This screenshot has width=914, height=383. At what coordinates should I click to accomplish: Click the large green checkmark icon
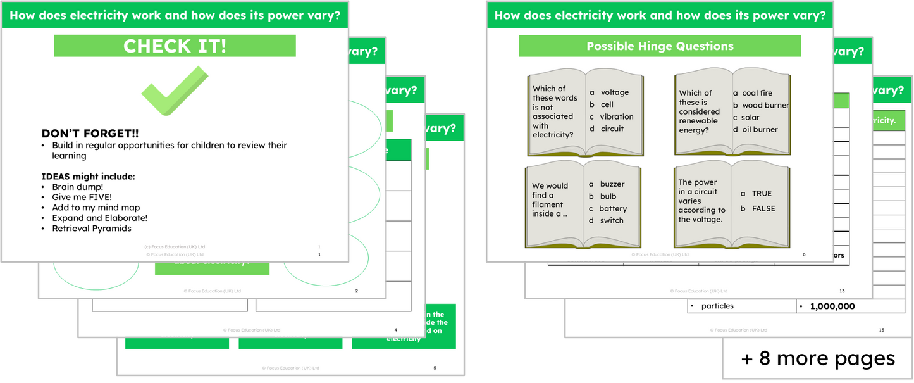click(x=174, y=92)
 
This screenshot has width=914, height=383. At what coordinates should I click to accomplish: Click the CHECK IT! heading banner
click(x=175, y=46)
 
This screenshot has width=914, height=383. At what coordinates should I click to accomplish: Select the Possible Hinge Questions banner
click(x=660, y=46)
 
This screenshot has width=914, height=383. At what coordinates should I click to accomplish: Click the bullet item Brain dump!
click(x=77, y=187)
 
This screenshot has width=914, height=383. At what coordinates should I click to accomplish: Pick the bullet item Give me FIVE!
click(x=82, y=198)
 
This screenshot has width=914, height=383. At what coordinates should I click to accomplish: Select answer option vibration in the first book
click(x=617, y=116)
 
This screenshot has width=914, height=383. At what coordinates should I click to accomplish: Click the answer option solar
click(x=751, y=117)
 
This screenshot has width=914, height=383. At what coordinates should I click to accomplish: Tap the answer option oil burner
click(x=760, y=129)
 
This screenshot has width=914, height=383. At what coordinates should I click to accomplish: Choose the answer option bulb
click(x=608, y=196)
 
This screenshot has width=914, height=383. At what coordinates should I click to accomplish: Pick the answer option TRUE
click(x=762, y=194)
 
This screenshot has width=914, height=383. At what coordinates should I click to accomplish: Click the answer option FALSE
click(x=763, y=208)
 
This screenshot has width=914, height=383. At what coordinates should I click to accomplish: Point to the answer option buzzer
click(x=612, y=184)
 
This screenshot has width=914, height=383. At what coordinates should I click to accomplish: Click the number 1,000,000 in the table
click(x=832, y=306)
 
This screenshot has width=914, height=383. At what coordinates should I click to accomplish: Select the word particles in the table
click(x=717, y=306)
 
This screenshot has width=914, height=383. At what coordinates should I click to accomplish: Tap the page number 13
click(x=841, y=291)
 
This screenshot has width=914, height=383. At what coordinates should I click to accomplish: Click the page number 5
click(x=435, y=368)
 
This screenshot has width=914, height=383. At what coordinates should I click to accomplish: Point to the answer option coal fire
click(x=757, y=93)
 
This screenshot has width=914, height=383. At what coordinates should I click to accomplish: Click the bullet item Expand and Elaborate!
click(x=99, y=218)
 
